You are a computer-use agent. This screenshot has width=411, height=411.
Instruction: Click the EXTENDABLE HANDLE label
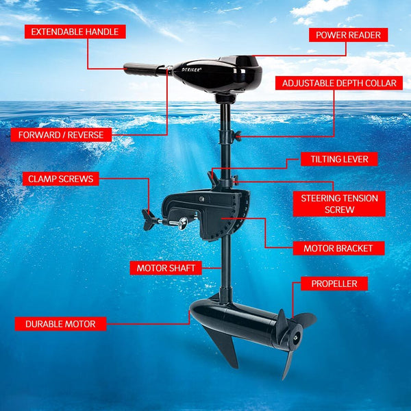pos(75,32)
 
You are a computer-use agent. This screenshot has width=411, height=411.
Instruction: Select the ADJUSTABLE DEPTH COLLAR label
pos(338,83)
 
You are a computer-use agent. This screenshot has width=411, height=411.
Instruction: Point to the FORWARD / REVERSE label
pos(61,134)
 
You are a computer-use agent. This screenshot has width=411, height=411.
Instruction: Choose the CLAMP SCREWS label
pos(61,179)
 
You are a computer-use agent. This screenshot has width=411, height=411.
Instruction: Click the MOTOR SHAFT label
pos(166,268)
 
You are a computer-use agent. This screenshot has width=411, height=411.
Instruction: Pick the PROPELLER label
pos(334,284)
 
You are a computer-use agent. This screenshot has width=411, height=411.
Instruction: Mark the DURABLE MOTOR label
pos(61,323)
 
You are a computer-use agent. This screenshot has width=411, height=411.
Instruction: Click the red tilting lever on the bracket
pos(214,179)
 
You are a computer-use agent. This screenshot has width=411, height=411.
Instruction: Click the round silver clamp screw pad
pos(182,223)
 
